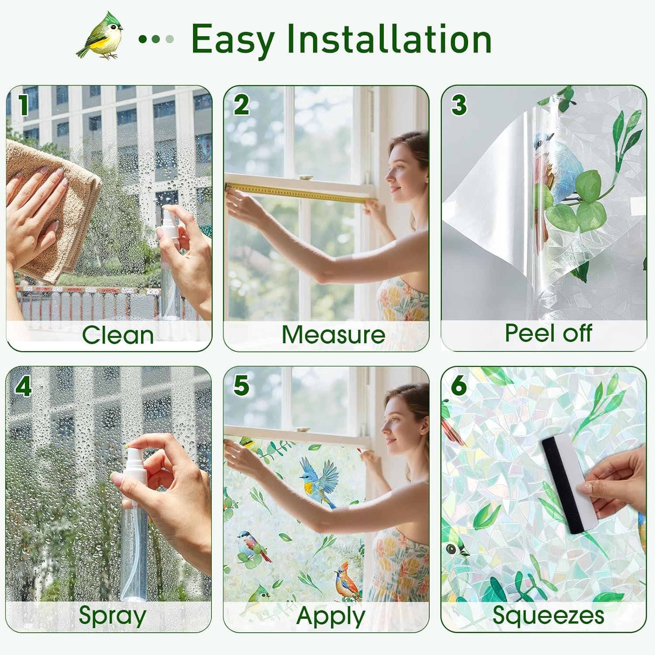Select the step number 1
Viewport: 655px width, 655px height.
(x=24, y=105)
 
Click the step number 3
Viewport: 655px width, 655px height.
(x=458, y=105)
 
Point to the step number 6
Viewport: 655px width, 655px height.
(x=458, y=385)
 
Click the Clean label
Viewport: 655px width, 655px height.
(x=118, y=335)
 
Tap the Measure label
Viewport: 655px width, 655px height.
(x=333, y=335)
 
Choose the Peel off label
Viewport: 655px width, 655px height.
(x=548, y=334)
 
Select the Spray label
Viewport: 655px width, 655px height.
(x=112, y=616)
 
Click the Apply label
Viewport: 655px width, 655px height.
(x=331, y=617)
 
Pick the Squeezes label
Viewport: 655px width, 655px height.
(x=548, y=616)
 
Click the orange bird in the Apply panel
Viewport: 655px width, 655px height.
(x=347, y=581)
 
